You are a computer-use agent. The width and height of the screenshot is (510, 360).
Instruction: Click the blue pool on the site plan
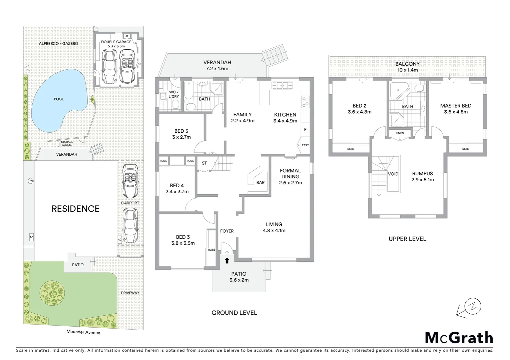pyautogui.click(x=57, y=100)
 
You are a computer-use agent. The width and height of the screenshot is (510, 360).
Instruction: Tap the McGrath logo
pyautogui.click(x=459, y=338)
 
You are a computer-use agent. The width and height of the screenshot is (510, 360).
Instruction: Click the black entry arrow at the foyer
pyautogui.click(x=227, y=260)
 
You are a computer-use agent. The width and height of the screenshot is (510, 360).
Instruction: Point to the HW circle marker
pyautogui.click(x=31, y=181)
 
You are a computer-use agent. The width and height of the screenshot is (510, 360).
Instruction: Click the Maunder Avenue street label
pyautogui.click(x=83, y=332)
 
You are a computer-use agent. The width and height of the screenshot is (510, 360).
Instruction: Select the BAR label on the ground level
pyautogui.click(x=261, y=182)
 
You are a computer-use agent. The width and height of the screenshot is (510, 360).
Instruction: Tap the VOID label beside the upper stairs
pyautogui.click(x=393, y=174)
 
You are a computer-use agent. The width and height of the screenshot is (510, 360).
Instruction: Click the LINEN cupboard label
pyautogui.click(x=400, y=133)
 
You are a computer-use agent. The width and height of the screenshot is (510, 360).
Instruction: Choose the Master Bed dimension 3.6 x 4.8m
pyautogui.click(x=456, y=112)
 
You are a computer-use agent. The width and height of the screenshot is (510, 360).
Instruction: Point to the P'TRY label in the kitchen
pyautogui.click(x=305, y=145)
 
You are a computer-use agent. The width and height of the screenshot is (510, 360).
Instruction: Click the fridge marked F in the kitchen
pyautogui.click(x=305, y=130)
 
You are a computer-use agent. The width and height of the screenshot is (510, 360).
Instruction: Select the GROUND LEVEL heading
pyautogui.click(x=234, y=313)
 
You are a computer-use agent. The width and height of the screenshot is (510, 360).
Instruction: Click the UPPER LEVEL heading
pyautogui.click(x=407, y=239)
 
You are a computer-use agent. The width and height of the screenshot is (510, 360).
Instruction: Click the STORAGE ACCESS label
pyautogui.click(x=67, y=143)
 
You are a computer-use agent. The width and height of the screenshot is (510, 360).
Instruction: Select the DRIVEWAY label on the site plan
pyautogui.click(x=130, y=293)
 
